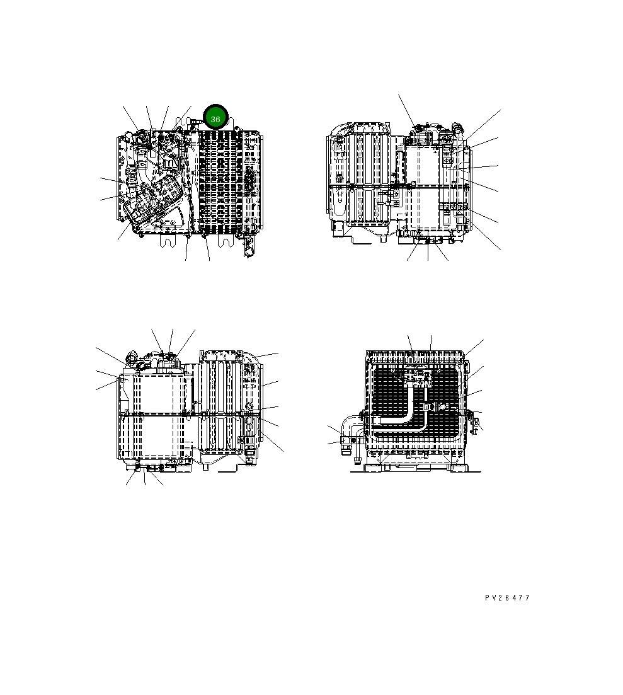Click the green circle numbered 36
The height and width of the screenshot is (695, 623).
pos(215,119)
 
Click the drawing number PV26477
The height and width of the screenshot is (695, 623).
pos(507,598)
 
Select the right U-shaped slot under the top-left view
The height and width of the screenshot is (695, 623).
pos(226,240)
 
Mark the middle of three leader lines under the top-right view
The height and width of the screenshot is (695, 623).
pos(428,251)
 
